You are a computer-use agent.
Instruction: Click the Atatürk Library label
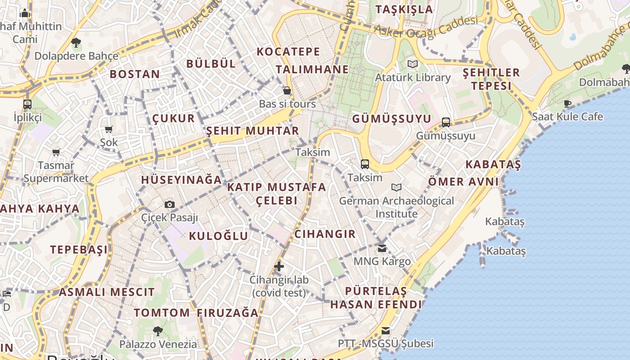413,77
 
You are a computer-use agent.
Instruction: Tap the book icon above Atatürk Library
412,64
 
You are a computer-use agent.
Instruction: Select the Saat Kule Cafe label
567,117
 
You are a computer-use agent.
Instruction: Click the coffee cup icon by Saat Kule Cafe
567,103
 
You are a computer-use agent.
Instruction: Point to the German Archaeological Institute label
396,207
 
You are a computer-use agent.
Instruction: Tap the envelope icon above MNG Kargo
382,248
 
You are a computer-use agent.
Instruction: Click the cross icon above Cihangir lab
279,266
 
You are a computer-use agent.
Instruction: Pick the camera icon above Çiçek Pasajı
170,205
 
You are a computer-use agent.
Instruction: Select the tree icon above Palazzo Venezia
157,331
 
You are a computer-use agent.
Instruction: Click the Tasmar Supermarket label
56,172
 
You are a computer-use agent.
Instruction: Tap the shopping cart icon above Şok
108,130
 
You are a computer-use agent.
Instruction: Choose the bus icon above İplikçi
27,104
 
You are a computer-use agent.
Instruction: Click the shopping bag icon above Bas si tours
287,91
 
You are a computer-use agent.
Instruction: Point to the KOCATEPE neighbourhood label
288,52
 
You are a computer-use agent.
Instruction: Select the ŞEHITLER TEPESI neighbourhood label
491,79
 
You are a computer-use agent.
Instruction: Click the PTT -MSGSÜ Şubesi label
386,344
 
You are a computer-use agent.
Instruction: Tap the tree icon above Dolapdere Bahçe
76,43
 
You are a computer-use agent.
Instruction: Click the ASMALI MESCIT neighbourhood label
107,292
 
